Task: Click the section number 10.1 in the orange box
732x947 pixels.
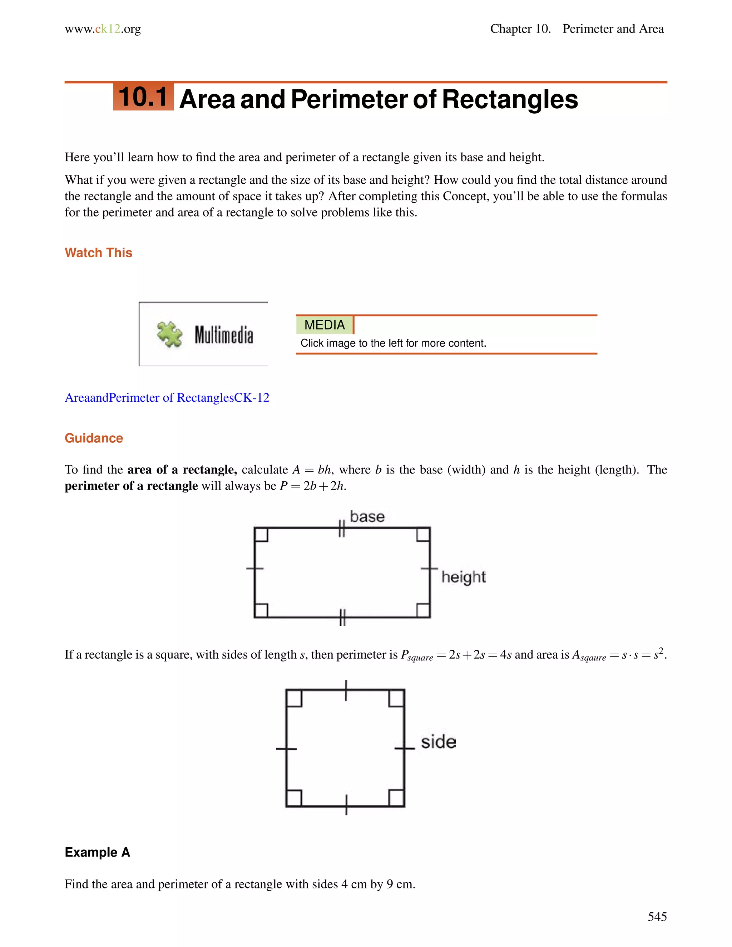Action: [143, 97]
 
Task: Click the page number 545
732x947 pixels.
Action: [657, 916]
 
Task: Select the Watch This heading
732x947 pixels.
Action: [98, 253]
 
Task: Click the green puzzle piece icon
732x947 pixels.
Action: [169, 334]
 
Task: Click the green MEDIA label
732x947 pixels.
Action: [325, 325]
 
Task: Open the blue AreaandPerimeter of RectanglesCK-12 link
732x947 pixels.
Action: [167, 398]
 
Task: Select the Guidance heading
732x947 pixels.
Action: [94, 438]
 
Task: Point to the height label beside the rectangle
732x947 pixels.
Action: [463, 577]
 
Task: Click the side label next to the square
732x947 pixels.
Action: [439, 742]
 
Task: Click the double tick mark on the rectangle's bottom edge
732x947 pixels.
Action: [342, 618]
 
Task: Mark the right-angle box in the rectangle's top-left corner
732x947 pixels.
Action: [261, 535]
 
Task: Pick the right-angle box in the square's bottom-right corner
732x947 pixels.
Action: [396, 798]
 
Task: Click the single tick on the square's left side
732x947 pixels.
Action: [286, 749]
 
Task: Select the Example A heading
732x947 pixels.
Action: [97, 852]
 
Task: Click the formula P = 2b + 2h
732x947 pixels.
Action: [313, 486]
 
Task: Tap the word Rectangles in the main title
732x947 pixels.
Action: [510, 99]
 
